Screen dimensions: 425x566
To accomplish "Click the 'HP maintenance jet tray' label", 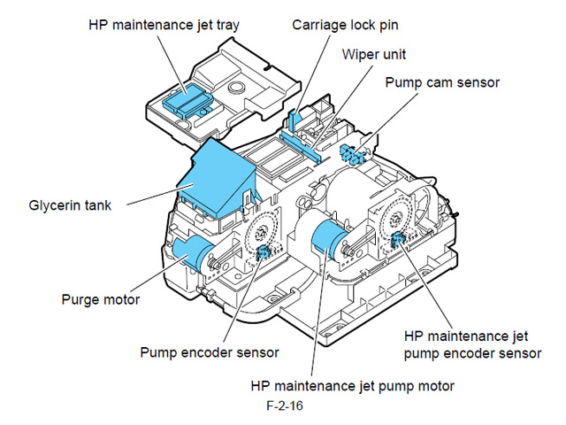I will [164, 25].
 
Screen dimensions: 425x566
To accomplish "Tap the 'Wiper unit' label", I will [374, 54].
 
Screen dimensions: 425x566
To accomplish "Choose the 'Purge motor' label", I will [100, 300].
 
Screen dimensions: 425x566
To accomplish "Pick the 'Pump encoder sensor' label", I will [209, 352].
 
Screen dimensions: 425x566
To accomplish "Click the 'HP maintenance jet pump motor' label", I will [352, 386].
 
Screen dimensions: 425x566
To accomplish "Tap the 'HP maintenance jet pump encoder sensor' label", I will [471, 345].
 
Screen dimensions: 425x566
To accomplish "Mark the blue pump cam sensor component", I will [355, 153].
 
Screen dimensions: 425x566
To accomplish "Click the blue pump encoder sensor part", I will [263, 253].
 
